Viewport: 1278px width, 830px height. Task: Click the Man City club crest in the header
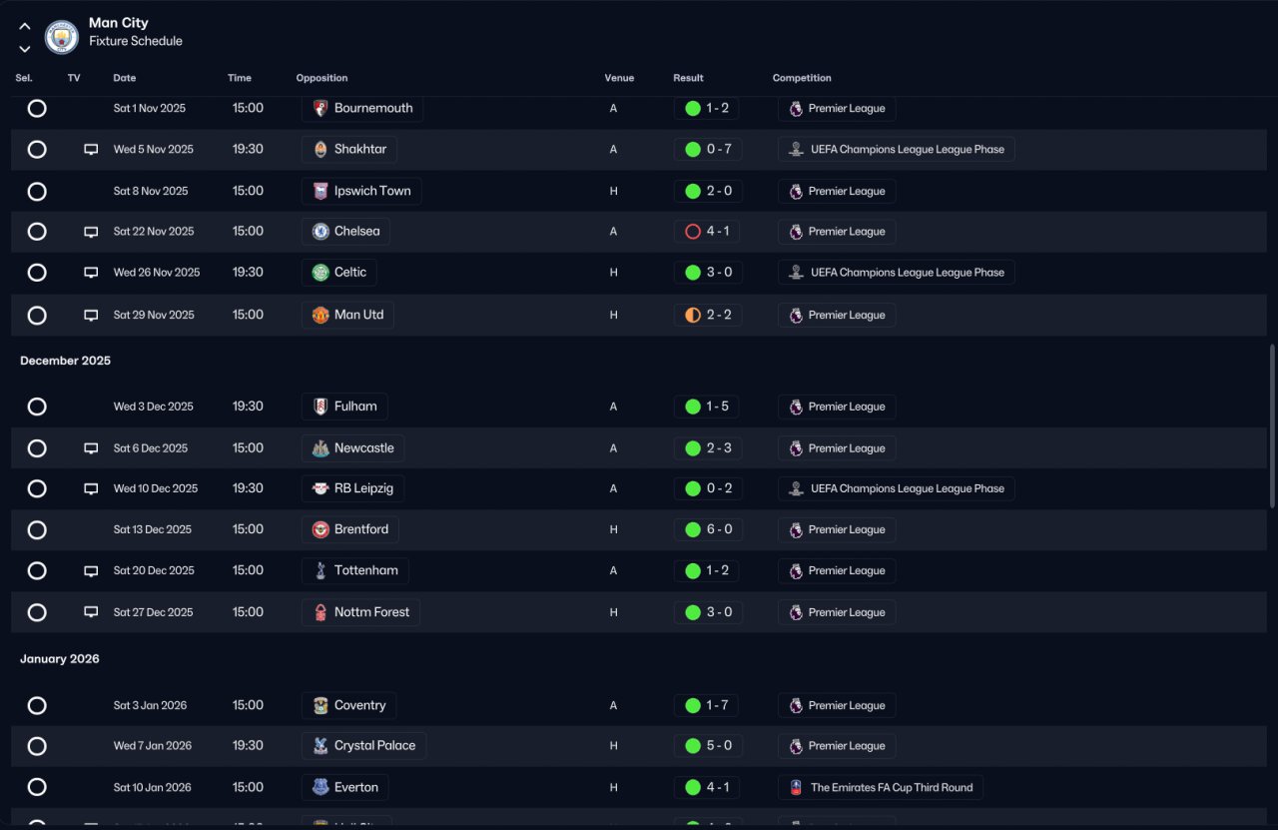click(62, 37)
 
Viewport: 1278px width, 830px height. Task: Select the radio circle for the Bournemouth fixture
click(37, 109)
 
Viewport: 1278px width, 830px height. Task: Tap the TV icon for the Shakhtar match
click(91, 150)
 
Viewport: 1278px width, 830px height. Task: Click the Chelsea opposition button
click(345, 231)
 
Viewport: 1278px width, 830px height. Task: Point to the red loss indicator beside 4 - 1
click(693, 231)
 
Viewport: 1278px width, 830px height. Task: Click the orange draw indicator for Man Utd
click(693, 315)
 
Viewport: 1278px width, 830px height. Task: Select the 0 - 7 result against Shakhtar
click(708, 150)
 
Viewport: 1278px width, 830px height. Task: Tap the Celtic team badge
click(320, 273)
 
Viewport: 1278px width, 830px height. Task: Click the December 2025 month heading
click(66, 361)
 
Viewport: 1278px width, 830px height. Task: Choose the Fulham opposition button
click(344, 407)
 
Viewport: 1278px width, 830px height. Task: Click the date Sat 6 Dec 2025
click(151, 448)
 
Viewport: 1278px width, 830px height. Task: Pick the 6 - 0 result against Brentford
click(708, 529)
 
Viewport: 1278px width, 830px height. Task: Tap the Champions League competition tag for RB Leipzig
click(897, 488)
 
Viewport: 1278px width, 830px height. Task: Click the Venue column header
click(619, 78)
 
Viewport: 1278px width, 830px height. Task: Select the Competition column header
click(802, 78)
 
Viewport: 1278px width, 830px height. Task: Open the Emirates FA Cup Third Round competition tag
click(881, 788)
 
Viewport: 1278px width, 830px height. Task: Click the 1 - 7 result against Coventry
click(706, 705)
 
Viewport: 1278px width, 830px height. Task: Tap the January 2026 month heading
click(60, 659)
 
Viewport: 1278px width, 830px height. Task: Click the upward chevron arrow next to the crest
click(25, 26)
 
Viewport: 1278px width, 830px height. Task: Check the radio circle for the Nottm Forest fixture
click(37, 612)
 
